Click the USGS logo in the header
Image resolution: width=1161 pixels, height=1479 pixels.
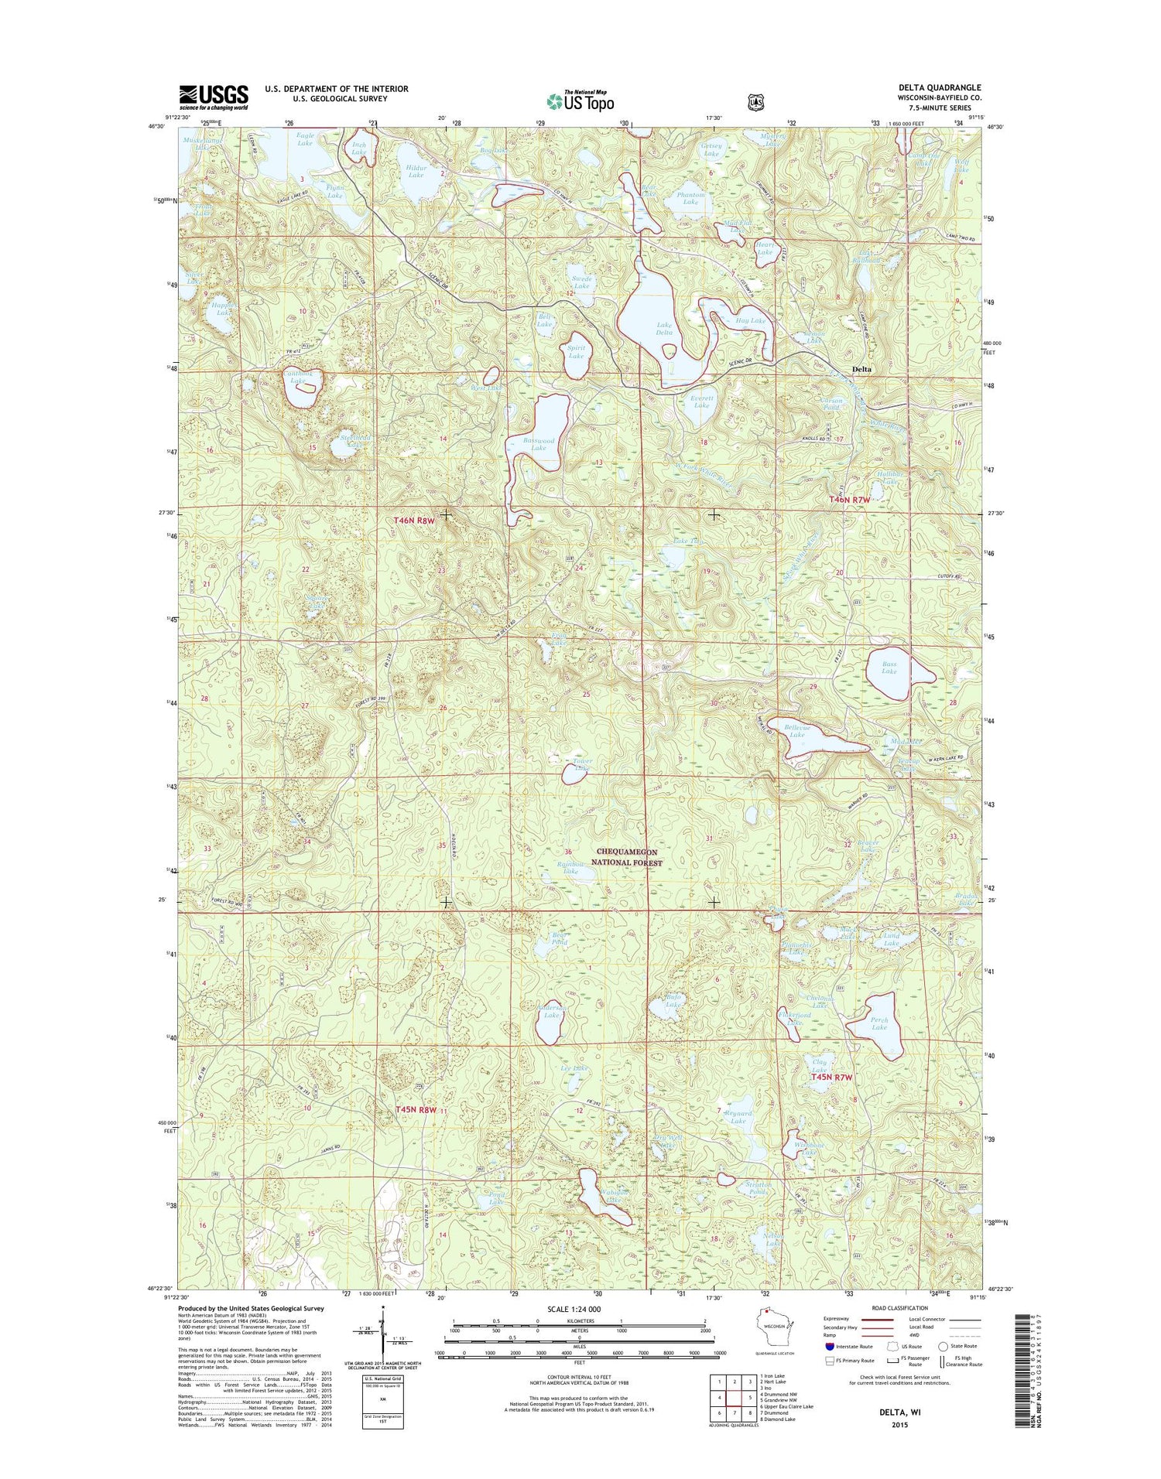(214, 97)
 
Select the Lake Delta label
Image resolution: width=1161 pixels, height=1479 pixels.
(664, 329)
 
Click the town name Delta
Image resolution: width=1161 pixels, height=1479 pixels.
(861, 369)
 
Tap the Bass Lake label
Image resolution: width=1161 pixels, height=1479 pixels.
(889, 668)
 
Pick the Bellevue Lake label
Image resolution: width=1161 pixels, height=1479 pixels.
(797, 731)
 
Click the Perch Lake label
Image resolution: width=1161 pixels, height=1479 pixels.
(878, 1024)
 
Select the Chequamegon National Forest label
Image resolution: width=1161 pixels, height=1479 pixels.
(629, 857)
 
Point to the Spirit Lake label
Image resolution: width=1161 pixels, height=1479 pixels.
(576, 352)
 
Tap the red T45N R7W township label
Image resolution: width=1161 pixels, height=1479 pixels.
(831, 1078)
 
